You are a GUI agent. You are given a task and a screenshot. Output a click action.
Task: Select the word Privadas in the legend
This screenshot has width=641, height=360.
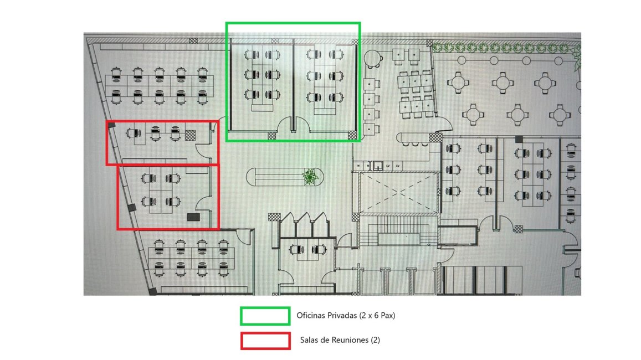point(343,316)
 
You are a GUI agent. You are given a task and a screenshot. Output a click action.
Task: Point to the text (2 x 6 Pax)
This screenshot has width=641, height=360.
point(377,316)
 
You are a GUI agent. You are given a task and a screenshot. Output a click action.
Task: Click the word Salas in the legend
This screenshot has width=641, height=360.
point(310,340)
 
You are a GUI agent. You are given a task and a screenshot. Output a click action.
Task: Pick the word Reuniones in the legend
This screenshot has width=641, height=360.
point(350,340)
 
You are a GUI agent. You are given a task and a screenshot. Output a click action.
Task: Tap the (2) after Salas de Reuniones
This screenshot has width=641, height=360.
point(375,340)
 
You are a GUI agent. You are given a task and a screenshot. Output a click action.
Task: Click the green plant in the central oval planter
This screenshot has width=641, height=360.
point(310,177)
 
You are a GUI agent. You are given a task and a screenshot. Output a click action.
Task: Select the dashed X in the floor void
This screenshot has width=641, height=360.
point(397,193)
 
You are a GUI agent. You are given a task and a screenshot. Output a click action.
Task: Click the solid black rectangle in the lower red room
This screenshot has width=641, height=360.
point(193,217)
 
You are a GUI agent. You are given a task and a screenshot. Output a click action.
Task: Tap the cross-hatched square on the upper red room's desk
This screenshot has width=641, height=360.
point(190,135)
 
